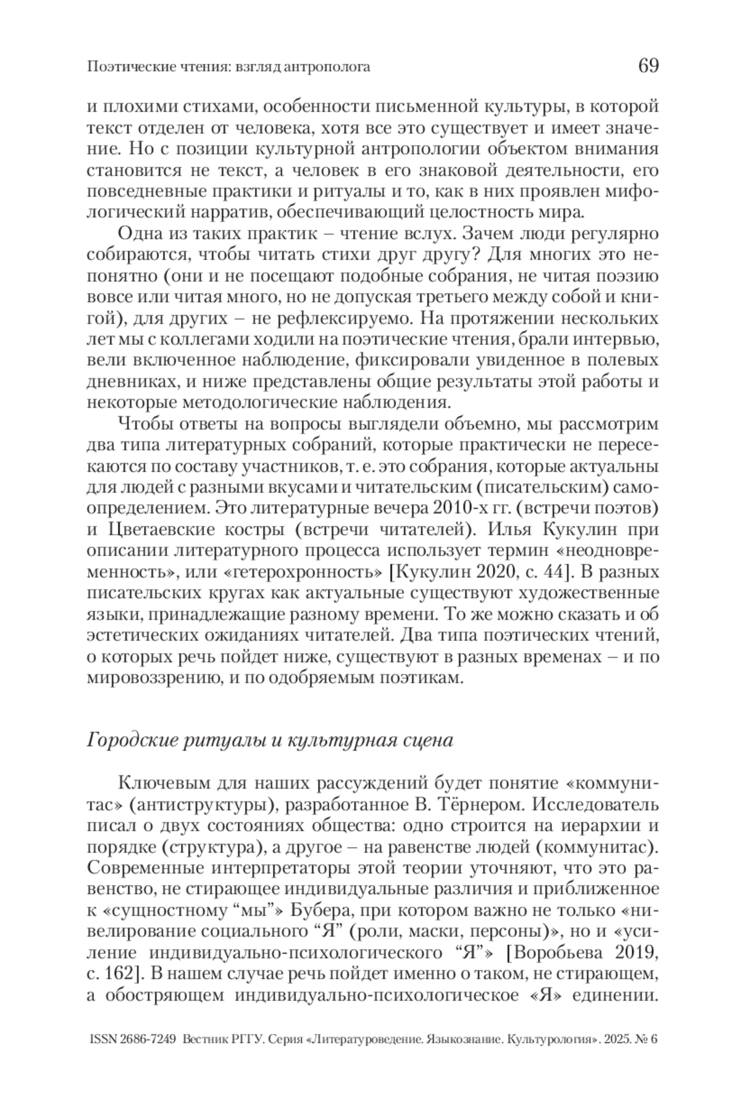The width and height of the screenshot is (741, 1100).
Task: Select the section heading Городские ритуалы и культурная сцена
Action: tap(270, 740)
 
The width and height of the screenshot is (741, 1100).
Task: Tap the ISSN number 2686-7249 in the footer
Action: tap(146, 1039)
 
